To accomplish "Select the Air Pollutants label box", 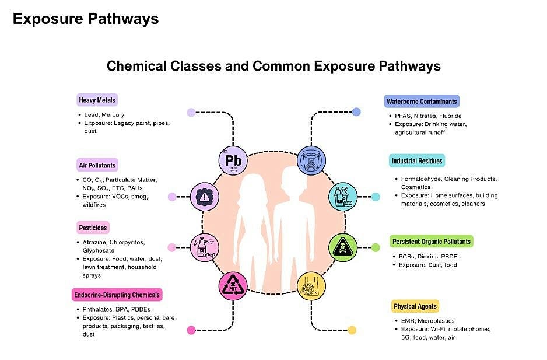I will tap(97, 165).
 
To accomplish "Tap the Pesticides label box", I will tap(93, 228).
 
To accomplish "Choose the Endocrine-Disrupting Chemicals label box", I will tap(117, 295).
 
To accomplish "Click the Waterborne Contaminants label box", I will tap(422, 102).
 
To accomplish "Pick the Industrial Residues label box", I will tap(417, 161).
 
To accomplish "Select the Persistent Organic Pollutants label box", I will tap(431, 241).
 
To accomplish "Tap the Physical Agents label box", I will tap(415, 306).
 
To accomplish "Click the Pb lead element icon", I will tap(233, 159).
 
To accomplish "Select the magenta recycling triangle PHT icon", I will tap(233, 285).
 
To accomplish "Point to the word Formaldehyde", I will tap(420, 179).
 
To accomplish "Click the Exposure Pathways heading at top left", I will tap(86, 19).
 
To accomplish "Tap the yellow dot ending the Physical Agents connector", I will tap(352, 330).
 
